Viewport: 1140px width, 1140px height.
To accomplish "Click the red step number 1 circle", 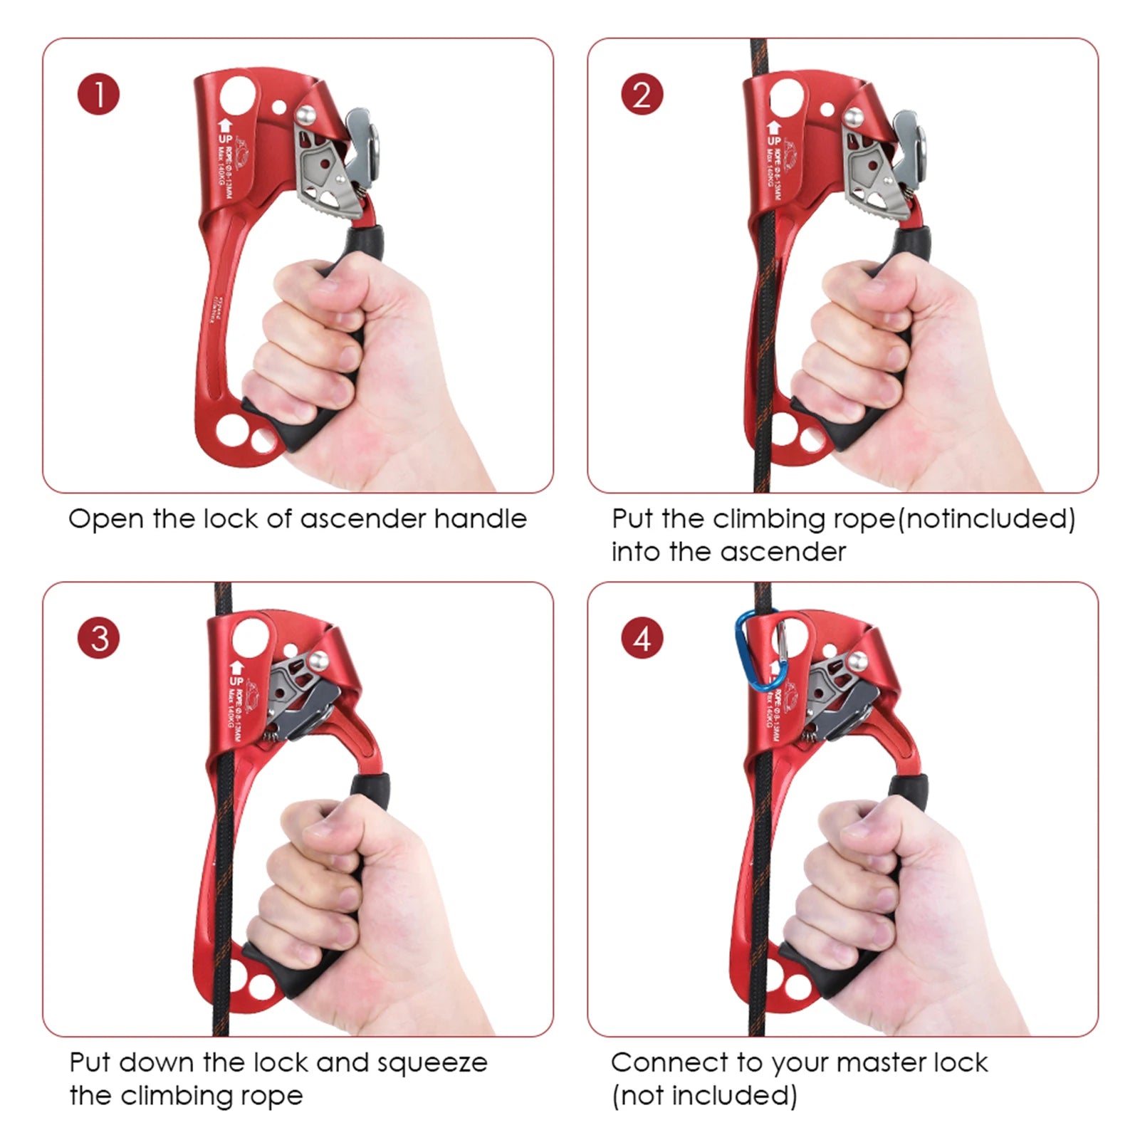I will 98,95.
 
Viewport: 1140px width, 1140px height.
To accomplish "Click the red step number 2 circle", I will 642,95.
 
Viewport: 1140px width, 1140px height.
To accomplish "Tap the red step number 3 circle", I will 98,638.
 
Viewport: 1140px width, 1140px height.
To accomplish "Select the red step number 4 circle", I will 642,639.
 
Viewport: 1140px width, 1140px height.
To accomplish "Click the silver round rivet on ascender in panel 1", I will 307,113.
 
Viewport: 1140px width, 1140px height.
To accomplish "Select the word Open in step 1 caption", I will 97,518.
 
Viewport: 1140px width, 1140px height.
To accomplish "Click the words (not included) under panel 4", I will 704,1095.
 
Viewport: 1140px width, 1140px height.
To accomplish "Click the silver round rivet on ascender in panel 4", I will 858,661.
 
